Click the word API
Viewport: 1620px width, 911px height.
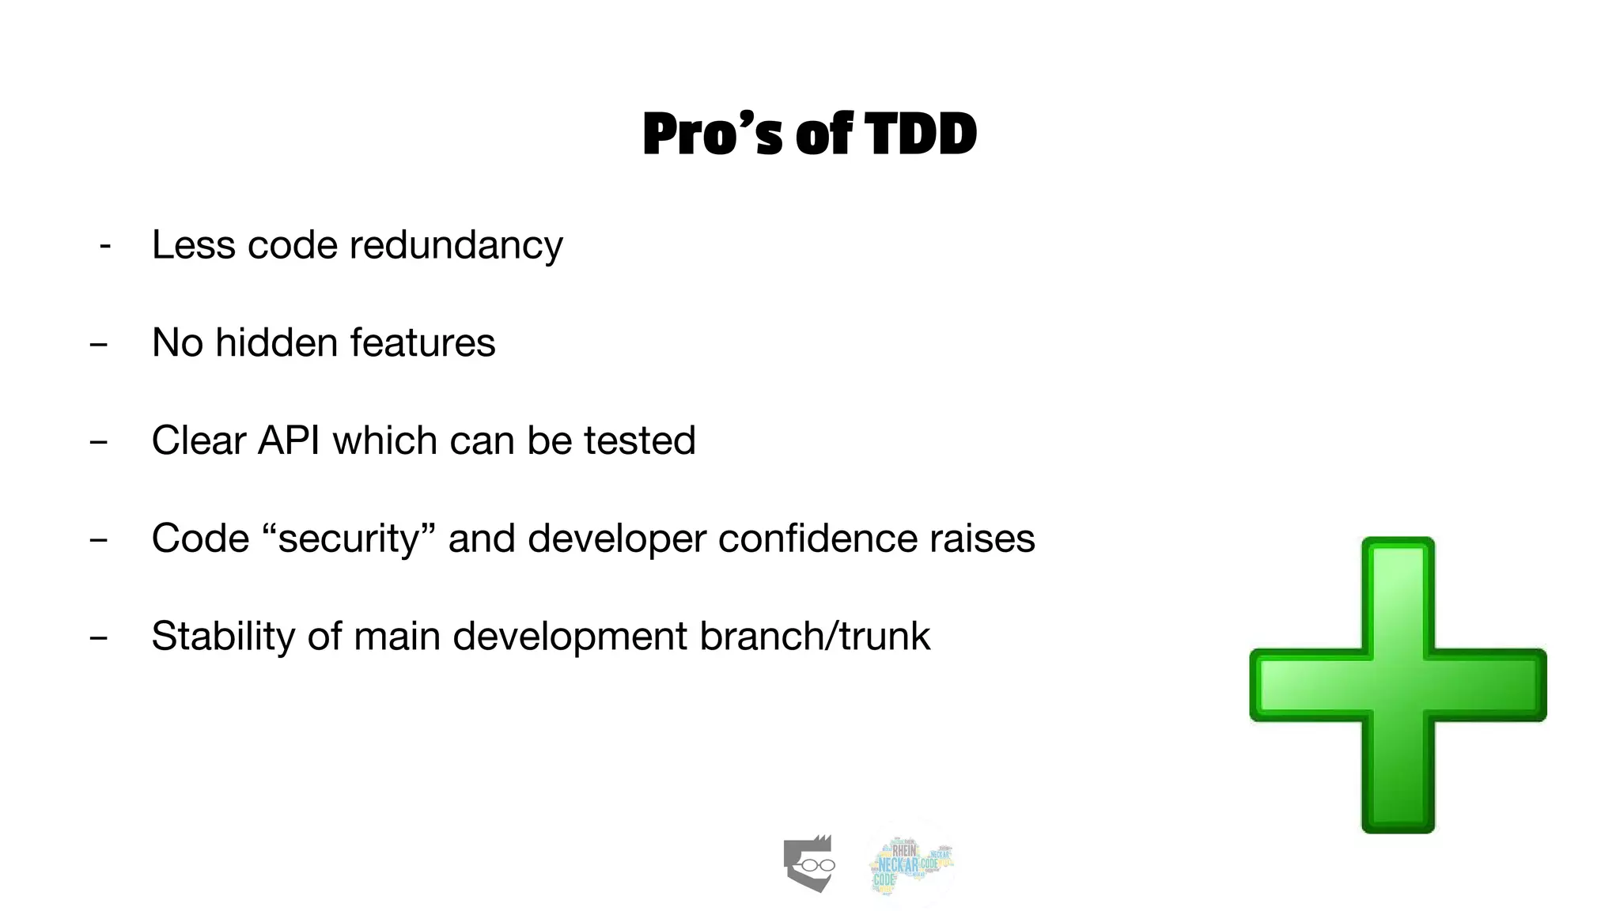pyautogui.click(x=289, y=440)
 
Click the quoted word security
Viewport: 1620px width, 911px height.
pyautogui.click(x=348, y=539)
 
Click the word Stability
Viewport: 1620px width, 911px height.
pyautogui.click(x=223, y=636)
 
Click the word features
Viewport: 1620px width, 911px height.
pyautogui.click(x=422, y=342)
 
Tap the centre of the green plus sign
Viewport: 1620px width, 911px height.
pyautogui.click(x=1398, y=685)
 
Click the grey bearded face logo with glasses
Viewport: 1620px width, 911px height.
pyautogui.click(x=808, y=864)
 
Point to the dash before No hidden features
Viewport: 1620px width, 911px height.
pyautogui.click(x=98, y=344)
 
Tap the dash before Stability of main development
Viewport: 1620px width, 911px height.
pyautogui.click(x=98, y=637)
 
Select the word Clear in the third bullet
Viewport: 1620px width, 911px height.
pyautogui.click(x=199, y=440)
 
